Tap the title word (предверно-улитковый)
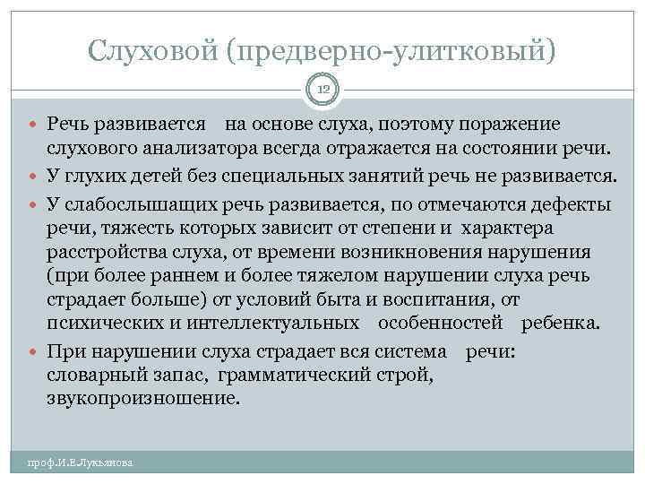click(391, 50)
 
